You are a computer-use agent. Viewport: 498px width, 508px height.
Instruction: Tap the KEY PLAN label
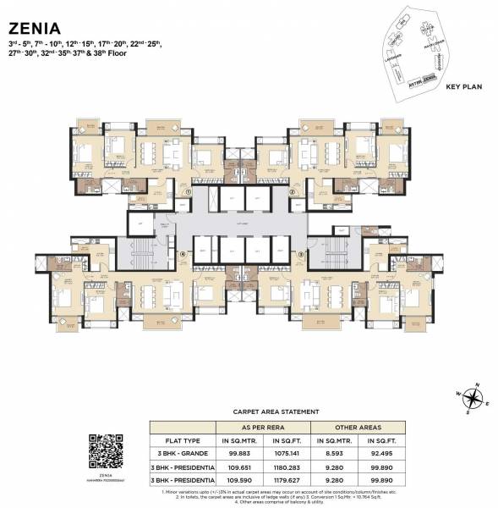point(462,86)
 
